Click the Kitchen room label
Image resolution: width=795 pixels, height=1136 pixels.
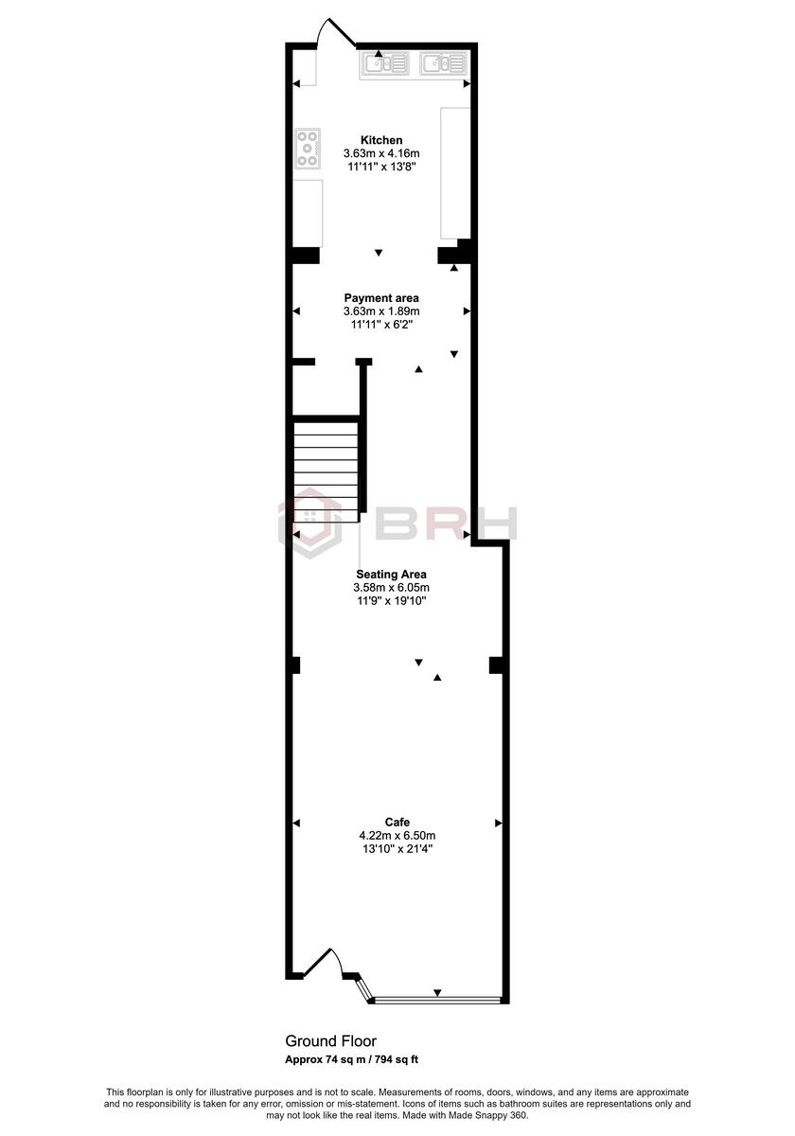point(381,140)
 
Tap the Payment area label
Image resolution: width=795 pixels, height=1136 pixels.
point(380,298)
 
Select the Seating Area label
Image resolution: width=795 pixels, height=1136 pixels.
point(391,574)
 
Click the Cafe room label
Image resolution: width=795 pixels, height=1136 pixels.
point(397,822)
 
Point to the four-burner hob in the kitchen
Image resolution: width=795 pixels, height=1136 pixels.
point(308,149)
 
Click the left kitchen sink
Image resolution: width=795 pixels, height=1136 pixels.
point(384,63)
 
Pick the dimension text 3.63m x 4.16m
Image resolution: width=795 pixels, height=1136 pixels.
point(380,153)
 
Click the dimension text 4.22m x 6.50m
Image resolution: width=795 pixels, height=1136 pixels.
point(397,835)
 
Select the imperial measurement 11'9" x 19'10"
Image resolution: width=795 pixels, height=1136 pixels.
point(391,600)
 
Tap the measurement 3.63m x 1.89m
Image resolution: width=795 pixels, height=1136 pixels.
point(380,311)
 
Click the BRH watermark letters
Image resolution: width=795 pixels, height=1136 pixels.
point(445,524)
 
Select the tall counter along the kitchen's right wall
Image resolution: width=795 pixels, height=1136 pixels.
point(455,172)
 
